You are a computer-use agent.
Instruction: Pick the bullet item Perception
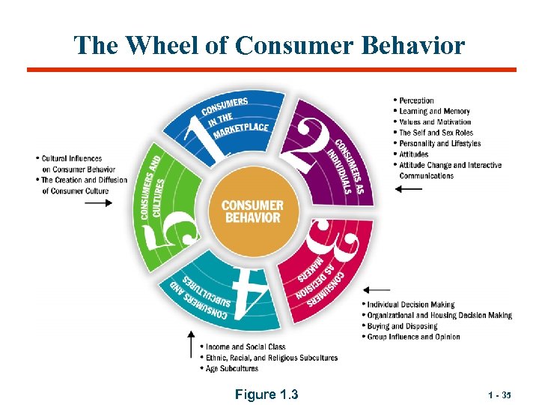(x=416, y=100)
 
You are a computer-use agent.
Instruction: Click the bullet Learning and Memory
(x=434, y=111)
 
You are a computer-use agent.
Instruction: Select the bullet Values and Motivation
(x=435, y=121)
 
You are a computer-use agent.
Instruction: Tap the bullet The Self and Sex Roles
(x=436, y=133)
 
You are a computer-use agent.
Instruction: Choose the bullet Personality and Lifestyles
(x=439, y=143)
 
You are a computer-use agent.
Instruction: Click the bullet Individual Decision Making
(x=410, y=304)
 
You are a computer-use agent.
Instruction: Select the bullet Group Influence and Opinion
(x=413, y=337)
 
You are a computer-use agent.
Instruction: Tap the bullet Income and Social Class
(x=246, y=347)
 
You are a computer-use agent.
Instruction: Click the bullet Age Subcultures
(x=231, y=368)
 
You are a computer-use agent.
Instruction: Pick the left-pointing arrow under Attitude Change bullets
(x=409, y=190)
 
